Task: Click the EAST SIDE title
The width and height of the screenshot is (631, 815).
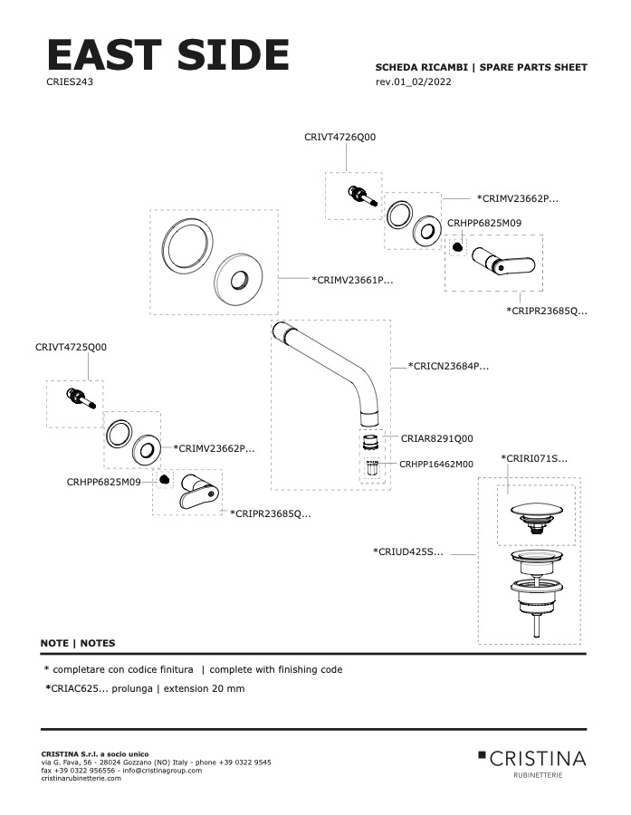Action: point(167,55)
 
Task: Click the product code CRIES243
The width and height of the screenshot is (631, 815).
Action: point(70,81)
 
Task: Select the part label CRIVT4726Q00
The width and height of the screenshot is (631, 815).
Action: point(339,137)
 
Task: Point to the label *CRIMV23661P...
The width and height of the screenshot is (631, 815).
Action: point(352,281)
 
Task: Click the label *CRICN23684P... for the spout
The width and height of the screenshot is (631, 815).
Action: point(448,367)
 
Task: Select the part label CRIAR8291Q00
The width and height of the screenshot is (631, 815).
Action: point(436,438)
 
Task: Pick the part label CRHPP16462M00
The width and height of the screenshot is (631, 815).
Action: point(435,464)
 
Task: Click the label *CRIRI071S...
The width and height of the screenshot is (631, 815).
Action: point(534,459)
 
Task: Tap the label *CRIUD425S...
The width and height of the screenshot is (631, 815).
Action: point(407,551)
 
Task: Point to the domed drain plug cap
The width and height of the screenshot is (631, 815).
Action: point(534,512)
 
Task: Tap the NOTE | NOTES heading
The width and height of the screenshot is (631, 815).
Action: point(78,643)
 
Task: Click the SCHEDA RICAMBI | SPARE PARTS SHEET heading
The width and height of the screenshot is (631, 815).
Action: point(481,68)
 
